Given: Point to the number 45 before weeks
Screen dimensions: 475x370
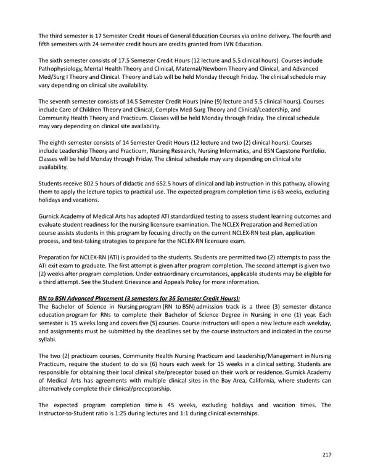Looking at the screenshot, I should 179,405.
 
